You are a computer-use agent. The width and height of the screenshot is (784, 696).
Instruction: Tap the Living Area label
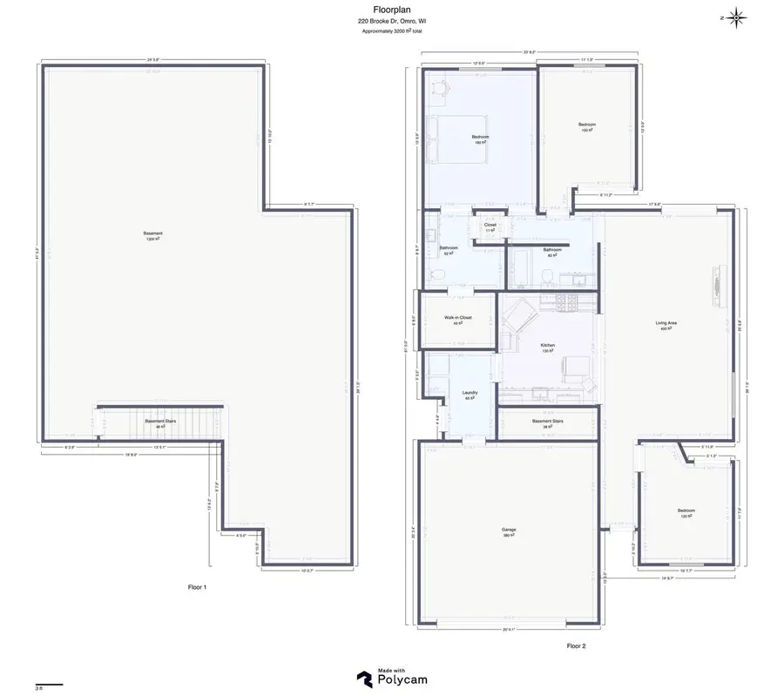666,323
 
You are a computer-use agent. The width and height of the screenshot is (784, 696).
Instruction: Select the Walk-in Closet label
457,319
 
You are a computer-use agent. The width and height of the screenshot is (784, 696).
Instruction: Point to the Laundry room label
469,393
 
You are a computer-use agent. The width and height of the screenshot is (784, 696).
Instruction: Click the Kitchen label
547,346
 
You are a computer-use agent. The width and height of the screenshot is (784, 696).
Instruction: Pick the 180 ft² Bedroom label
480,138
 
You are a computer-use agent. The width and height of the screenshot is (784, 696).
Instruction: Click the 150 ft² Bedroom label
587,125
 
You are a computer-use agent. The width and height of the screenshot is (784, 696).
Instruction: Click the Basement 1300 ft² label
153,234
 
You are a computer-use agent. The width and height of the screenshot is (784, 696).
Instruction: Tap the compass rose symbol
736,17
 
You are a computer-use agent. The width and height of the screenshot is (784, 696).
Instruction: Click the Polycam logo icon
364,677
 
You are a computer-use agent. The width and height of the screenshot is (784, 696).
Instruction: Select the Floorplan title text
391,10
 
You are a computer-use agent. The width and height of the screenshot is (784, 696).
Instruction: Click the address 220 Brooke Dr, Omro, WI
391,21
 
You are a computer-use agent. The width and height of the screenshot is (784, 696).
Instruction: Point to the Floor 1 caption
198,587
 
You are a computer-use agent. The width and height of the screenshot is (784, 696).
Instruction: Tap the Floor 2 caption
576,645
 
